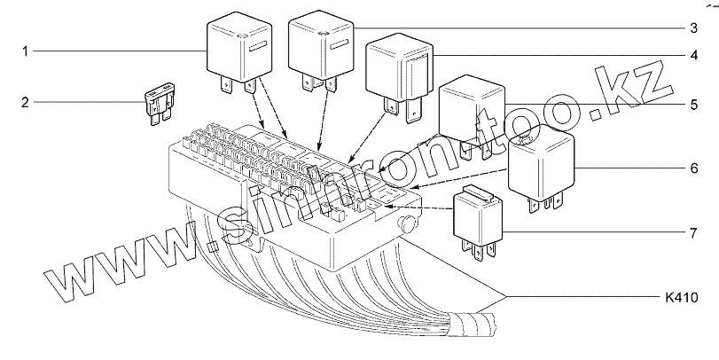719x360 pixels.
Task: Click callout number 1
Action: tap(27, 52)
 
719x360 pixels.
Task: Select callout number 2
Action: tap(27, 102)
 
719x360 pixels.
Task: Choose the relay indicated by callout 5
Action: tap(472, 111)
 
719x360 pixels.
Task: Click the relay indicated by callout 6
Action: tap(541, 164)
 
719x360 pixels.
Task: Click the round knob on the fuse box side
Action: tap(410, 222)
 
